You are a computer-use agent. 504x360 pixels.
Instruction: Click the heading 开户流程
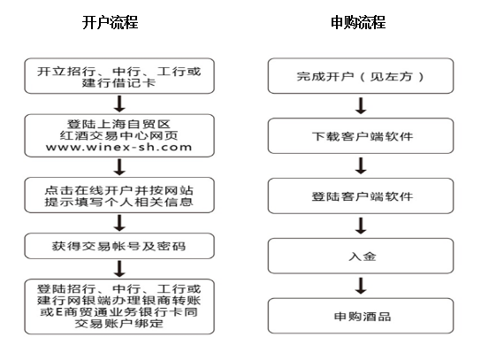[x=111, y=22]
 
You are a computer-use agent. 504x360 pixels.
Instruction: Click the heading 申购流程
[x=358, y=22]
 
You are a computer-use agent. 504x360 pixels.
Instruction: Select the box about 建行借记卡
[x=119, y=76]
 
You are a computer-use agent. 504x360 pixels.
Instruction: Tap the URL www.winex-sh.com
[x=119, y=147]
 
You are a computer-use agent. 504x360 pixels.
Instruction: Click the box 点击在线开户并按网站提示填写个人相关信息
[x=119, y=195]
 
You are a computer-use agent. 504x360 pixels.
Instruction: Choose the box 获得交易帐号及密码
[x=119, y=246]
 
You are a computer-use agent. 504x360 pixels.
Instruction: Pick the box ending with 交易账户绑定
[x=119, y=307]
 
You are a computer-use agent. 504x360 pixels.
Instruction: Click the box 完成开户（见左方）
[x=361, y=76]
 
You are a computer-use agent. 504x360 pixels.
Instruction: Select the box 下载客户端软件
[x=361, y=136]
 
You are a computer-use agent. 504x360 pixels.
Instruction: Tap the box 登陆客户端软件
[x=361, y=196]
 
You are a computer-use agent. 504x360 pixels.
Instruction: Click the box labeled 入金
[x=361, y=257]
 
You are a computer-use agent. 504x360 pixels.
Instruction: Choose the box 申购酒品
[x=361, y=317]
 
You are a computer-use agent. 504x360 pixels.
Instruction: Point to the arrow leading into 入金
[x=361, y=226]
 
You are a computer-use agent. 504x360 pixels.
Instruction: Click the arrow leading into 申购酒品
[x=361, y=286]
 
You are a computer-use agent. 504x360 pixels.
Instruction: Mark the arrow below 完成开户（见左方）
[x=361, y=106]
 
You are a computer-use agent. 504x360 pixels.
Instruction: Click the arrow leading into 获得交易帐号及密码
[x=119, y=223]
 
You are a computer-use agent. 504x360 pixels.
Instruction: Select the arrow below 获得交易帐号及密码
[x=119, y=269]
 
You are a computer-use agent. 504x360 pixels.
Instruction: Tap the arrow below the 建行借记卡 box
[x=119, y=103]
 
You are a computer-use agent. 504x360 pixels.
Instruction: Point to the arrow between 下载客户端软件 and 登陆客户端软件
[x=361, y=165]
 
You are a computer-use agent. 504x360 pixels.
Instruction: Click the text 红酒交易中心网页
[x=119, y=135]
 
